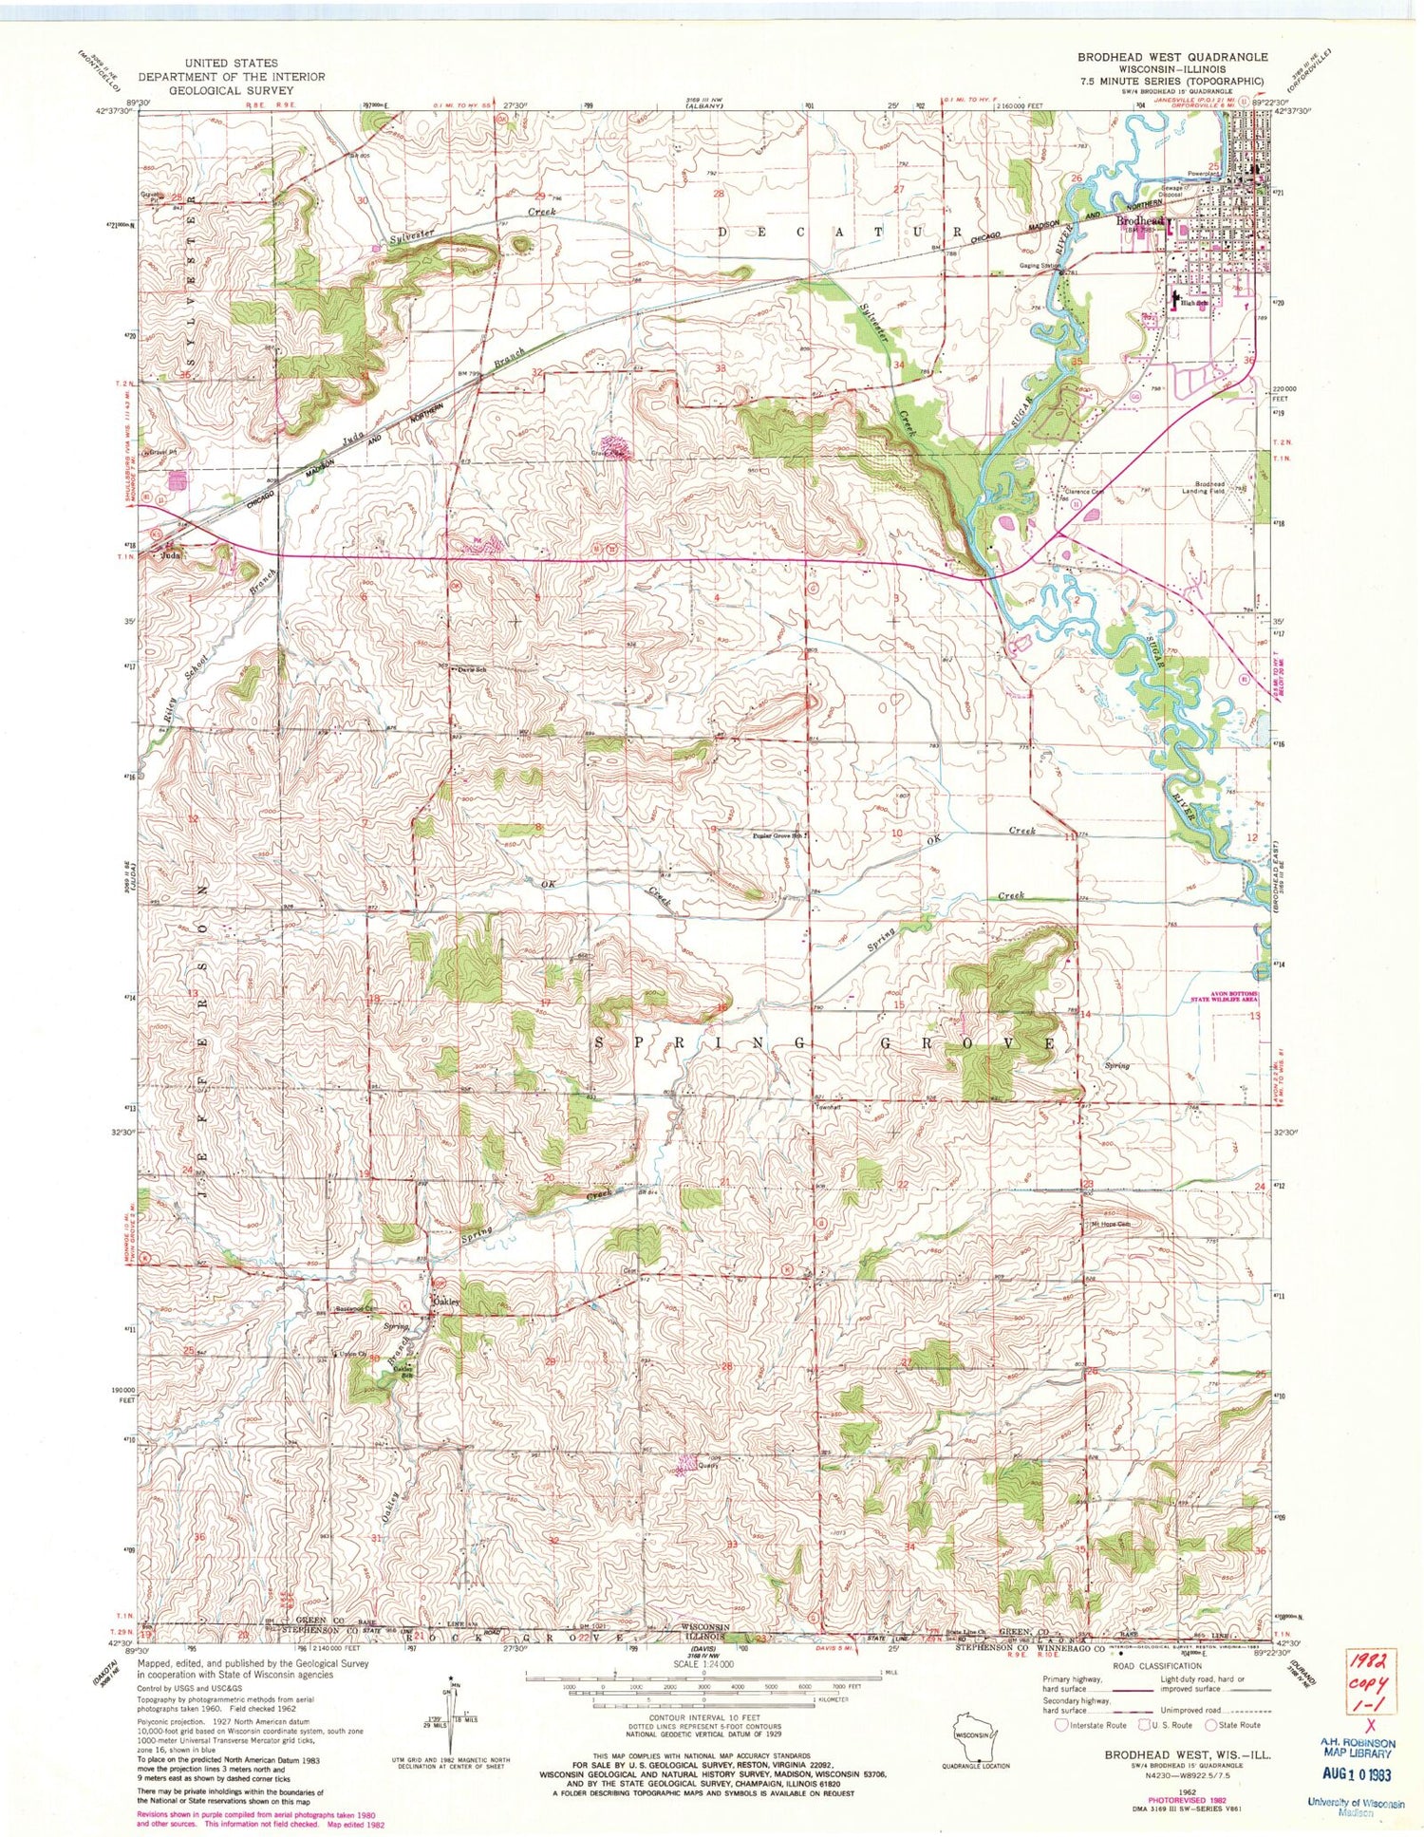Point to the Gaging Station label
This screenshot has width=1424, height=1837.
click(1039, 266)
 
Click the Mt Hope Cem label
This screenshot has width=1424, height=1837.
click(1107, 1223)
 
